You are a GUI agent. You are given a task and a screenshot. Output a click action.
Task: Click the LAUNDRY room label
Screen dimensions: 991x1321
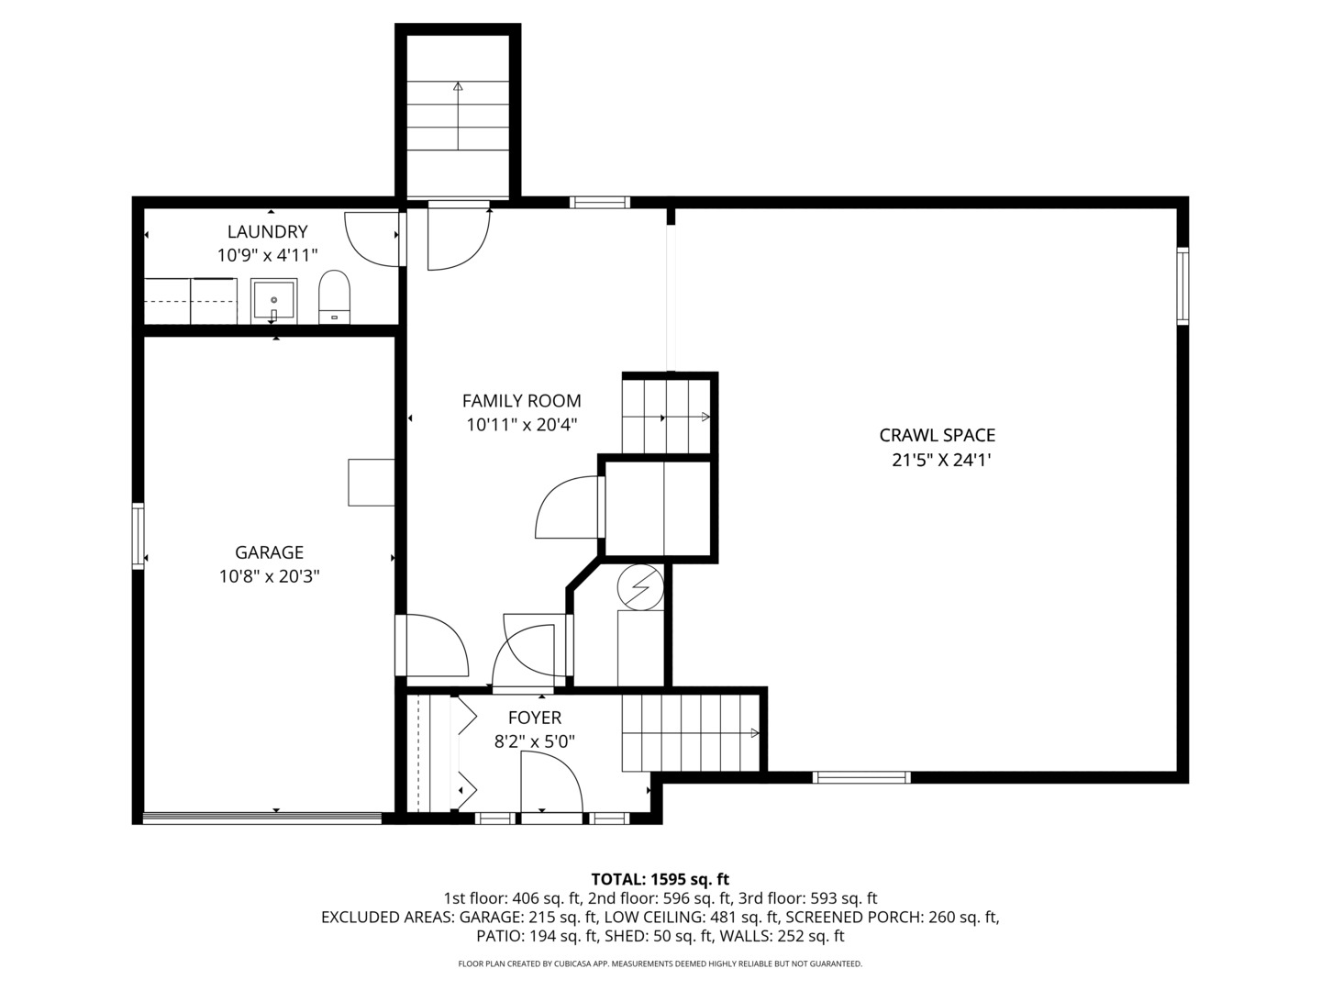pos(267,232)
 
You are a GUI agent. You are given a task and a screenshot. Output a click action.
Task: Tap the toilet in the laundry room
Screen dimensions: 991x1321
pos(334,296)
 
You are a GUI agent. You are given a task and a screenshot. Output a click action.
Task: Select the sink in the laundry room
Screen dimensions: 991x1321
pos(273,302)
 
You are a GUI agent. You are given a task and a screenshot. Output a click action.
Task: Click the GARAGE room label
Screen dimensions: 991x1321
pos(269,552)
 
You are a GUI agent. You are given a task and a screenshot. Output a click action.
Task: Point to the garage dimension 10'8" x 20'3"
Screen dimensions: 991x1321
pos(269,576)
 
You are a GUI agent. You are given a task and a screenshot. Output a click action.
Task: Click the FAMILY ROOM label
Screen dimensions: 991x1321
pos(521,401)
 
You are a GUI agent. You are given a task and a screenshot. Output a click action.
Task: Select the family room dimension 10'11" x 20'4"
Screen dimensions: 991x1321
pos(521,425)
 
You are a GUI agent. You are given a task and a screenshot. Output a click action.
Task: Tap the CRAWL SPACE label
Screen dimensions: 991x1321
pos(937,436)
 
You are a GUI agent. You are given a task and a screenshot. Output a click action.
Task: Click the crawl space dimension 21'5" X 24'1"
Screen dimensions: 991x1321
pos(941,460)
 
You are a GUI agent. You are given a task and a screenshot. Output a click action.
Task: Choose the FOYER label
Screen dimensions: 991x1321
pos(534,718)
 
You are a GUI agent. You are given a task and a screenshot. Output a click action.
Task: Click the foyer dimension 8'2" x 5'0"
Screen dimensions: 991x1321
pos(534,741)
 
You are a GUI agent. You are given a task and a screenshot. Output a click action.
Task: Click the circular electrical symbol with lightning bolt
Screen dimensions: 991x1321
pos(639,585)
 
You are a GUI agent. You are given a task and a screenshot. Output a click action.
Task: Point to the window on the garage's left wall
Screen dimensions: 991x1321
pos(139,535)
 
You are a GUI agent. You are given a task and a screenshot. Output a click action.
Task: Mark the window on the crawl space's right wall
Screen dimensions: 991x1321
pos(1182,286)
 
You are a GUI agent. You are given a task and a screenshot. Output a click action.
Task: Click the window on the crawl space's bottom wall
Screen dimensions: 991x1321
pos(861,777)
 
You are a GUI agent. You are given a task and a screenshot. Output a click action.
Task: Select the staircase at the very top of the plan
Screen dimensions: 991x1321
pos(458,115)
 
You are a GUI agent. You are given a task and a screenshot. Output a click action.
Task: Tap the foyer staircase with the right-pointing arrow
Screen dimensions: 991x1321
pos(691,732)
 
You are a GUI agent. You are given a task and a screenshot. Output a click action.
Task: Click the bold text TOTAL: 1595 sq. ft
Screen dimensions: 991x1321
pos(660,879)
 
